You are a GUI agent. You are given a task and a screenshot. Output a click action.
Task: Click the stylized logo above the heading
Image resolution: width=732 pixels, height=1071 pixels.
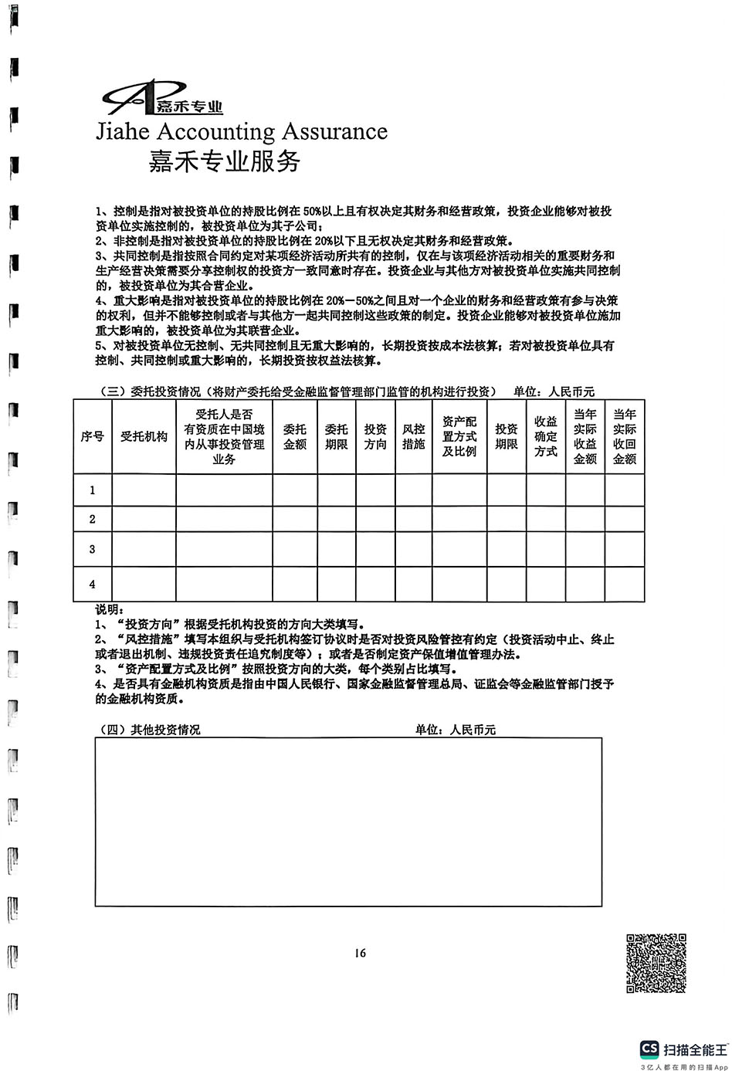pyautogui.click(x=162, y=98)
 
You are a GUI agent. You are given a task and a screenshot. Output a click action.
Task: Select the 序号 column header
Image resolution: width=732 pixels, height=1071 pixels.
pyautogui.click(x=93, y=436)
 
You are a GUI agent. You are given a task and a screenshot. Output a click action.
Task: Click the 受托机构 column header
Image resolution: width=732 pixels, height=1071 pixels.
pyautogui.click(x=144, y=436)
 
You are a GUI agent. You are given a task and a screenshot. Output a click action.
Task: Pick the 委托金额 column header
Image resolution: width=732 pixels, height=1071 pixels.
pyautogui.click(x=295, y=436)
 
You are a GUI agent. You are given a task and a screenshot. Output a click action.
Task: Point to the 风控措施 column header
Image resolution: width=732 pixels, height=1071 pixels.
pyautogui.click(x=413, y=436)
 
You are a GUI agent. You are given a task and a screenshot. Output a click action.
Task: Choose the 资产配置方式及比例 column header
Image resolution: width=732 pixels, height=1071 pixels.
pyautogui.click(x=459, y=436)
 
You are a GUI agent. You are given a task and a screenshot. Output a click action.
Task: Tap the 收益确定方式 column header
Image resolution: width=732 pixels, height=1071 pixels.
pyautogui.click(x=546, y=436)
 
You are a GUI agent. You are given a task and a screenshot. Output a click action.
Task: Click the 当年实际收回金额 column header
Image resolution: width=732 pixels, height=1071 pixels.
pyautogui.click(x=624, y=436)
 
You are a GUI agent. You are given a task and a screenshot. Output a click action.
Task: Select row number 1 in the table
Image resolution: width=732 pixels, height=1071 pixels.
pyautogui.click(x=93, y=490)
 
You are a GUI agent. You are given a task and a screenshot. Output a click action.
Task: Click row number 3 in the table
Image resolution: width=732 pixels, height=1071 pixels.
pyautogui.click(x=93, y=549)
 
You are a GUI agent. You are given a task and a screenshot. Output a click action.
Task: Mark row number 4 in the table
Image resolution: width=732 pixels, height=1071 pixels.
pyautogui.click(x=93, y=585)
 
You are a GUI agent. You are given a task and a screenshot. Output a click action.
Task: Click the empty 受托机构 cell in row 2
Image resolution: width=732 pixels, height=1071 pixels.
pyautogui.click(x=144, y=519)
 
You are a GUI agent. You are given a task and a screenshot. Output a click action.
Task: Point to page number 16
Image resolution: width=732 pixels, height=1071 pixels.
pyautogui.click(x=360, y=952)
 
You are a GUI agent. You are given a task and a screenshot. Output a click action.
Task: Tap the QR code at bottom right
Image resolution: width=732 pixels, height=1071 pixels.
pyautogui.click(x=656, y=963)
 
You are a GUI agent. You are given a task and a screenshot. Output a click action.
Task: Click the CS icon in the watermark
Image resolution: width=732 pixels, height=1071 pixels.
pyautogui.click(x=649, y=1049)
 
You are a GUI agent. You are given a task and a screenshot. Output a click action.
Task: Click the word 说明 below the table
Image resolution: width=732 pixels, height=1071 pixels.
pyautogui.click(x=108, y=610)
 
